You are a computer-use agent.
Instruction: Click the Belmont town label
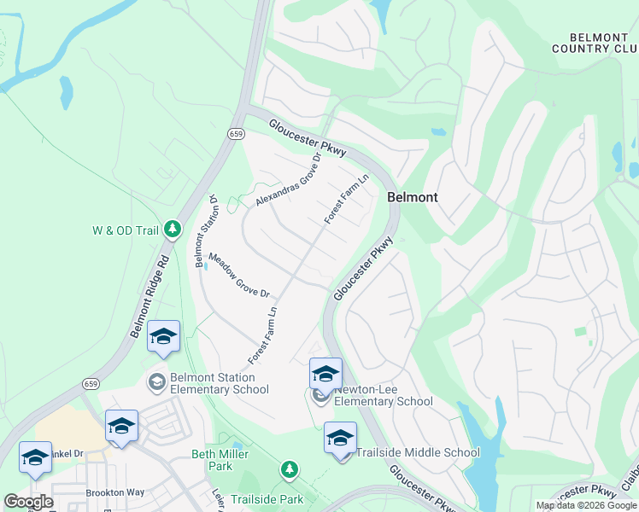click(413, 197)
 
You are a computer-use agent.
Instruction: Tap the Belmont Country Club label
click(595, 43)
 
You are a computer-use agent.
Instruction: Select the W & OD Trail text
click(126, 230)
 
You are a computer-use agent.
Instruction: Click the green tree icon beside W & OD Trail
click(173, 229)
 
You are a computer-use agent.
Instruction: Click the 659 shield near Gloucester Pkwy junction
click(237, 133)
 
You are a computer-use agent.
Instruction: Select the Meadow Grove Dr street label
click(239, 275)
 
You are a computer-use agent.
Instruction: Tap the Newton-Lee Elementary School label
click(384, 395)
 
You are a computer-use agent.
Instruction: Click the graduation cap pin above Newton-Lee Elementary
click(325, 375)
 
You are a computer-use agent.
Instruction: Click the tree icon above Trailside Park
click(290, 469)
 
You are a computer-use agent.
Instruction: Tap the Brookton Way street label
click(114, 492)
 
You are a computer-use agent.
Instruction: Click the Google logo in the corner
click(28, 502)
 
